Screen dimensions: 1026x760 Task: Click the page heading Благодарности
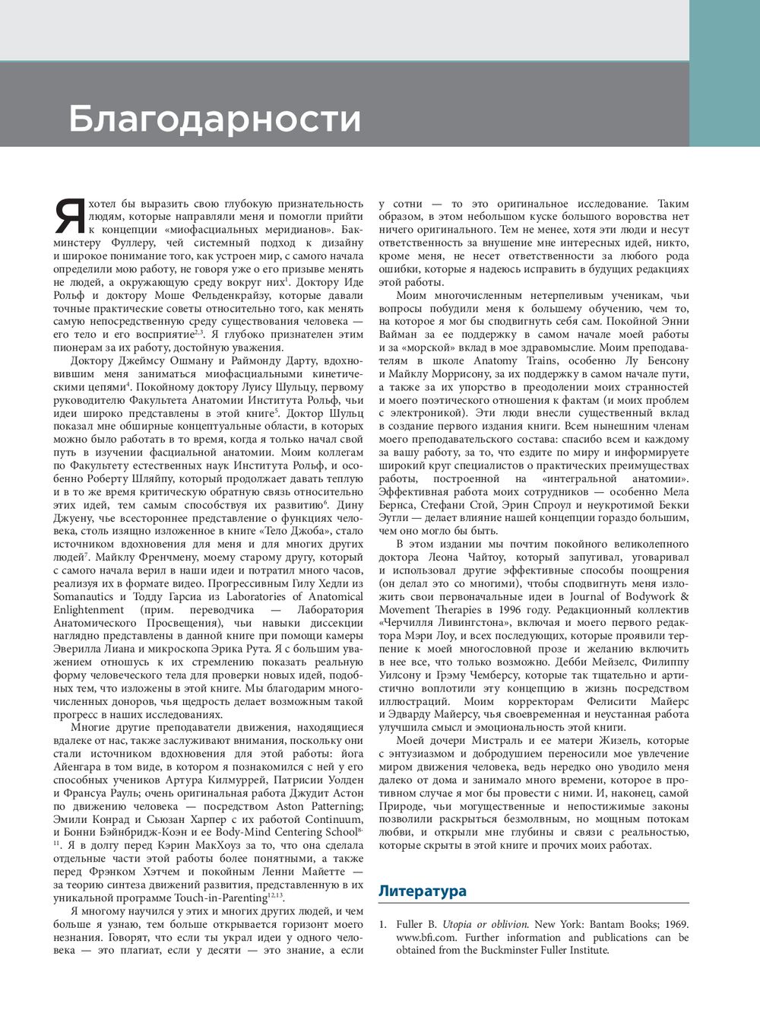(x=214, y=119)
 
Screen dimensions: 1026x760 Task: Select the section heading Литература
(x=423, y=891)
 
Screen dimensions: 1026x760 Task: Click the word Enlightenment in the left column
(x=88, y=609)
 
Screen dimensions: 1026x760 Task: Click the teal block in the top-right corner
(x=724, y=73)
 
